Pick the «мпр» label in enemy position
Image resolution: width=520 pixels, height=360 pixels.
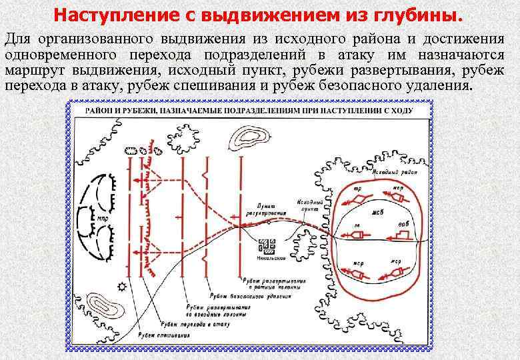(x=105, y=216)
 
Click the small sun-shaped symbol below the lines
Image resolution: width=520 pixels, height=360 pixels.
(x=122, y=287)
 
